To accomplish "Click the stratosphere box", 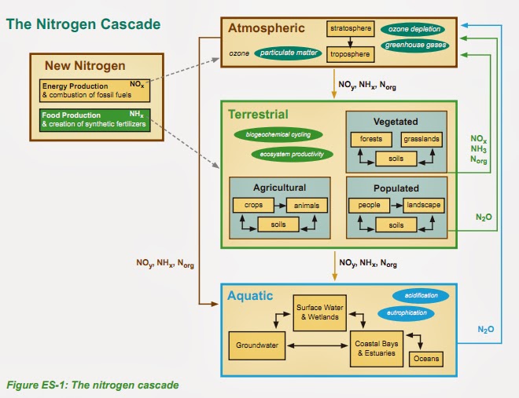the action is coord(351,29).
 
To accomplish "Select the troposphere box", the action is coord(351,54).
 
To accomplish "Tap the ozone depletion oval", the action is coord(413,29).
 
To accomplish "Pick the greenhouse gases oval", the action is coord(415,45).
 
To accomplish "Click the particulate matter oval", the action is coord(288,53).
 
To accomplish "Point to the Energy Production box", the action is coord(94,90).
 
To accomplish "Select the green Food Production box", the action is coord(94,120).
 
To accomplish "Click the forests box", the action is coord(371,140).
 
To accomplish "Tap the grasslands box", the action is coord(421,140).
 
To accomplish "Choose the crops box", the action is coord(253,205).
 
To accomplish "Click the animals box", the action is coord(307,205).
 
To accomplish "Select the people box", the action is coord(370,205).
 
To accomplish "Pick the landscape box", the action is coord(424,205).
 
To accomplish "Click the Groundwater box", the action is coord(257,345).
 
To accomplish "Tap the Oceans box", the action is coord(426,359).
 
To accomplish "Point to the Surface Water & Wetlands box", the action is coord(320,312).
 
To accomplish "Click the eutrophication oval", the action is coord(406,313).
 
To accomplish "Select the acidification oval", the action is coord(421,296).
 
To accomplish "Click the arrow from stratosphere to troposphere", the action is coord(350,42).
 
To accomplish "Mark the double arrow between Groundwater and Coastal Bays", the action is coord(318,346).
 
